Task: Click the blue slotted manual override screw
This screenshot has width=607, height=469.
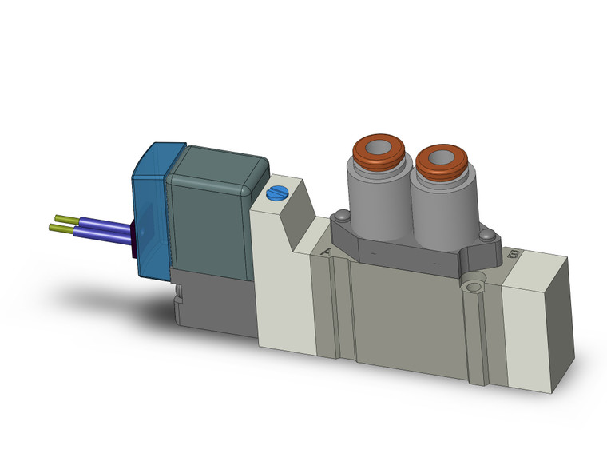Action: click(277, 193)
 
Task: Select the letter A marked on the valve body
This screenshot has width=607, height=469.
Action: click(326, 252)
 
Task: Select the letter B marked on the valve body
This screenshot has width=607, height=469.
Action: click(513, 256)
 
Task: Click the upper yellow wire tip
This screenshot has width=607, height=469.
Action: click(62, 217)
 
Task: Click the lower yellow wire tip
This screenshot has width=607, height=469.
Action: click(58, 229)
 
